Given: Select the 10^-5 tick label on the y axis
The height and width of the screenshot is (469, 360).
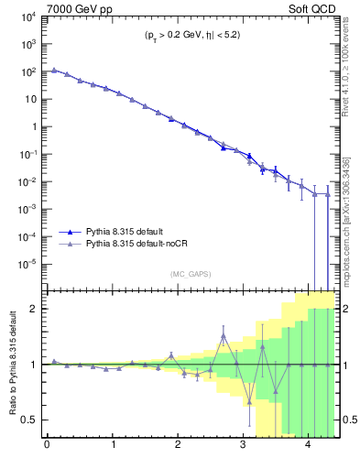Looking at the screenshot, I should pos(27,264).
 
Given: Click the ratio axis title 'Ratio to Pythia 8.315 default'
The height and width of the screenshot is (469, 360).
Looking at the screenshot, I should pos(11,364).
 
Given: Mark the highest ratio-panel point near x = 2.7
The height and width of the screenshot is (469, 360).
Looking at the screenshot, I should pos(224,336).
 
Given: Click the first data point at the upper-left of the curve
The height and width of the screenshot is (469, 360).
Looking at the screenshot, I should pos(54,70).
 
